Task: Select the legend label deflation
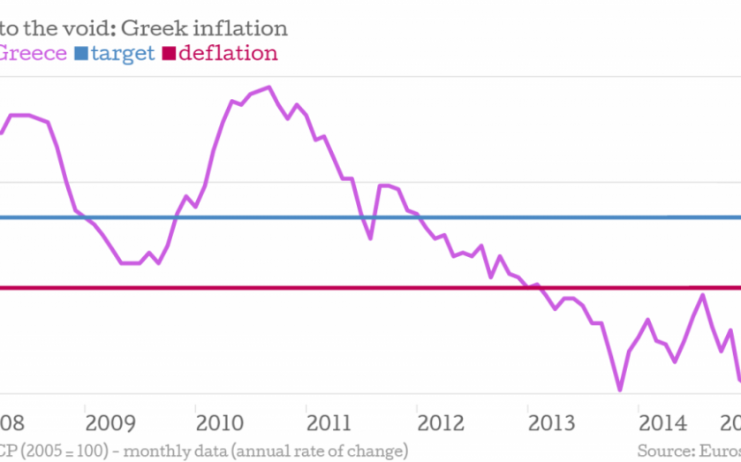tap(228, 53)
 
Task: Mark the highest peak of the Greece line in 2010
tap(268, 87)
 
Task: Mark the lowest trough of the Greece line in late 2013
tap(619, 390)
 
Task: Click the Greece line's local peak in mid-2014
tap(703, 294)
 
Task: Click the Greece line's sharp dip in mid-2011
tap(370, 239)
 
